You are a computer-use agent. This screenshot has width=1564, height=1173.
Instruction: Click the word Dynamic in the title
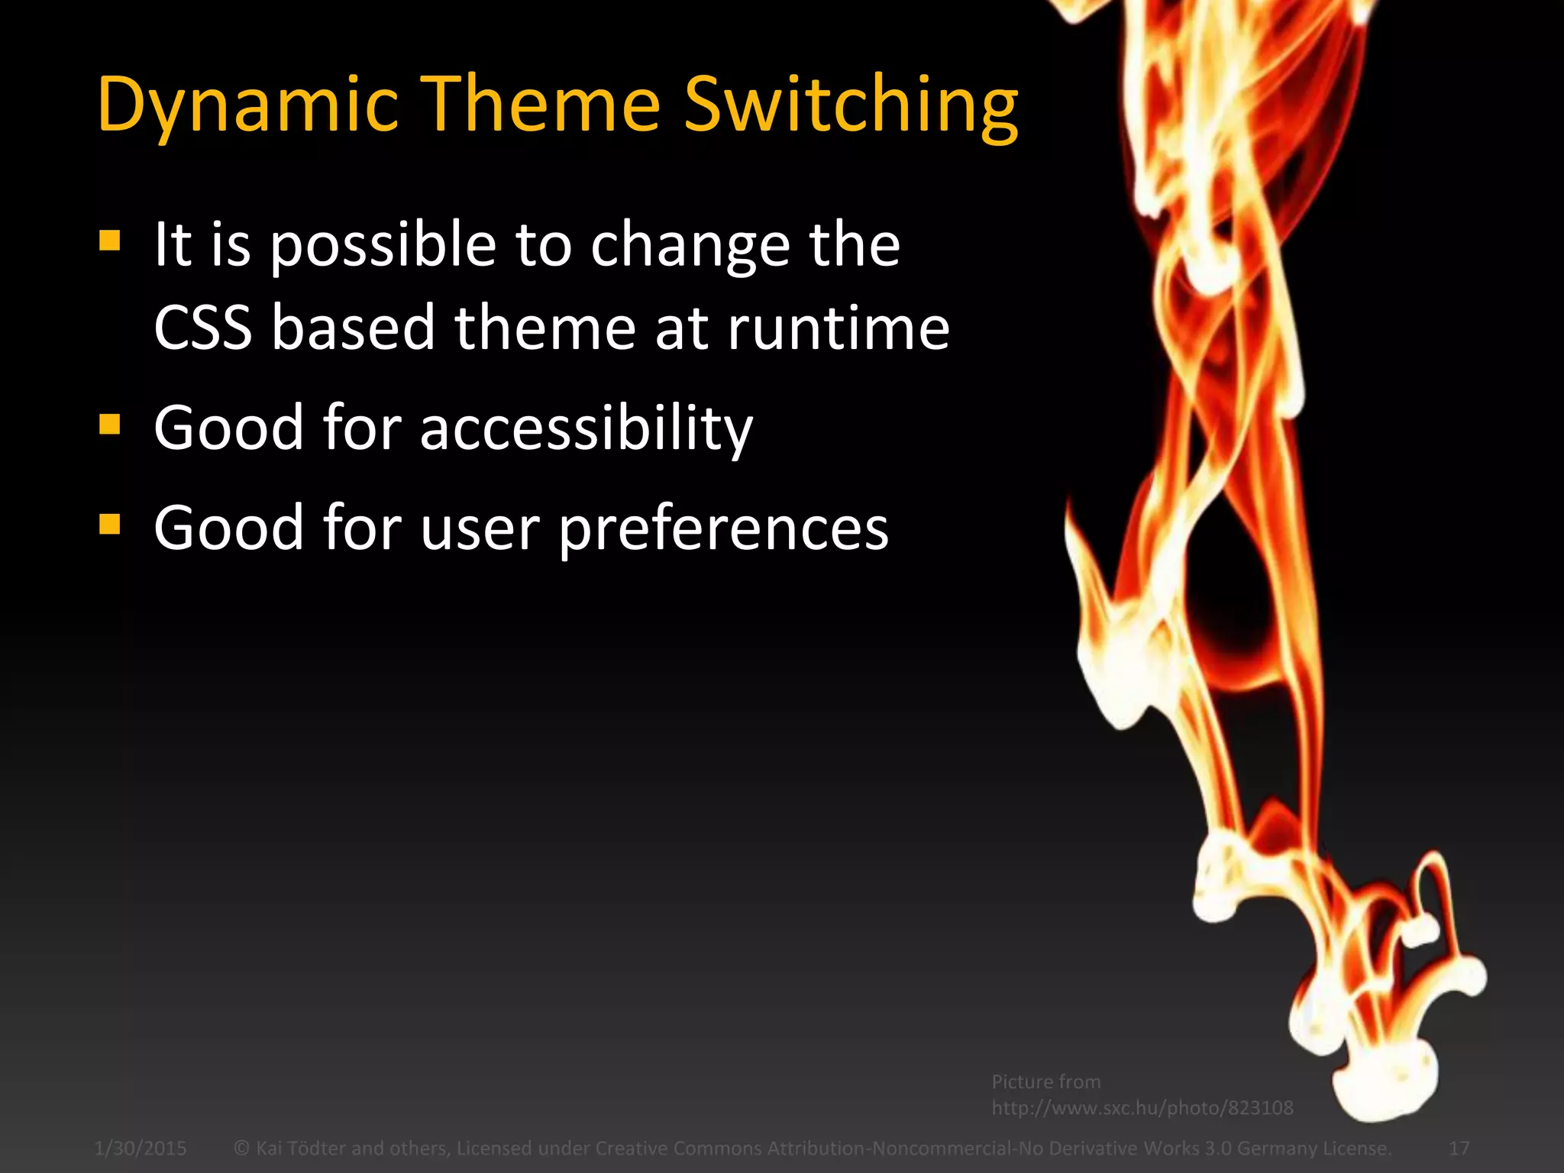[x=248, y=105]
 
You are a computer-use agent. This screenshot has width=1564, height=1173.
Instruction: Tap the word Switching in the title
[x=851, y=105]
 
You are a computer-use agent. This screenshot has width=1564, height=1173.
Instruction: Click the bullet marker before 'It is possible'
[x=110, y=242]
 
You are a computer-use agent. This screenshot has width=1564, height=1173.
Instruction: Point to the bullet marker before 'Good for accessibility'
[x=110, y=424]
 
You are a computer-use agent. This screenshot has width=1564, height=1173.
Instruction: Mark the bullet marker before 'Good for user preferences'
[x=110, y=525]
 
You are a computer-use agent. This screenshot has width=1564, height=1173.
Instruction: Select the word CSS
[x=202, y=328]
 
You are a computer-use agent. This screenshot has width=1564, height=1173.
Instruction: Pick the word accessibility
[x=586, y=428]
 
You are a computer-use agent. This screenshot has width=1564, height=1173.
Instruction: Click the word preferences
[x=723, y=528]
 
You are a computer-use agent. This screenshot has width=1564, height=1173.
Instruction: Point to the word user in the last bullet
[x=480, y=528]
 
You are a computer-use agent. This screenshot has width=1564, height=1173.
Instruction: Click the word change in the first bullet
[x=690, y=246]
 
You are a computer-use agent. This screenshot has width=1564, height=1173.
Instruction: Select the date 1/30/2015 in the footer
[x=141, y=1149]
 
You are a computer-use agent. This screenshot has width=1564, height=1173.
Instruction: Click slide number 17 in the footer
[x=1459, y=1149]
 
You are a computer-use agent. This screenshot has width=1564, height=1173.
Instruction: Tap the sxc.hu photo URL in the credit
[x=1142, y=1108]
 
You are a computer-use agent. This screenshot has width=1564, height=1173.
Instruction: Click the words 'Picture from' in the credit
[x=1046, y=1082]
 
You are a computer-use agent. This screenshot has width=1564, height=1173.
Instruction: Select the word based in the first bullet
[x=353, y=328]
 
